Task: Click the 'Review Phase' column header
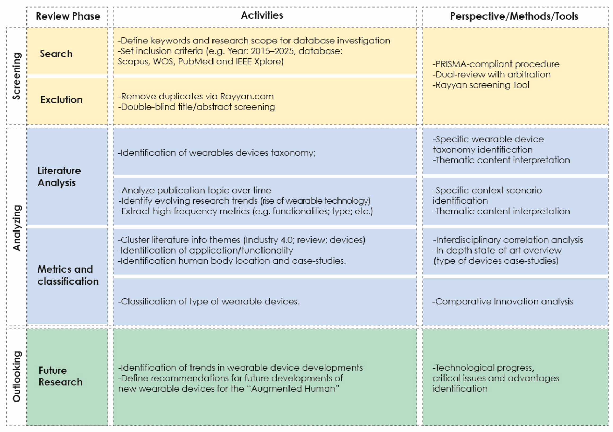68,16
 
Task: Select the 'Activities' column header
262,15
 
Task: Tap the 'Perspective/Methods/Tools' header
514,16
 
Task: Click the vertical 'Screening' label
16,76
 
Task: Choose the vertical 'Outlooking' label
16,376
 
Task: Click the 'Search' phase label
56,54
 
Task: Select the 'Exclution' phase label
61,100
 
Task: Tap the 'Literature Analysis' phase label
59,177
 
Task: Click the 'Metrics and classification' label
68,275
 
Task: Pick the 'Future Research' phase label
61,376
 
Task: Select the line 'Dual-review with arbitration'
491,74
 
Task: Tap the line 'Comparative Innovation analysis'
503,302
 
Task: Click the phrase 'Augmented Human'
293,389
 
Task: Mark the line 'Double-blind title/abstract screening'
197,107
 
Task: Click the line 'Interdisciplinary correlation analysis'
508,240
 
